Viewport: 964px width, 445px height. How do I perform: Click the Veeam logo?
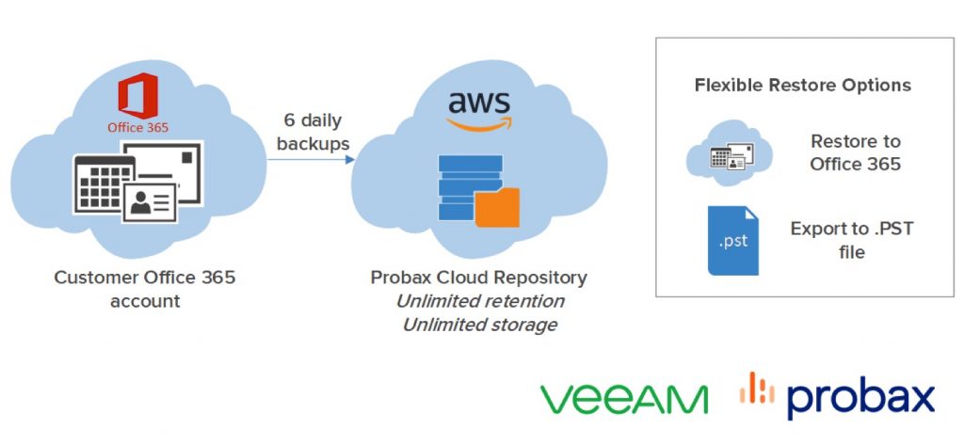624,398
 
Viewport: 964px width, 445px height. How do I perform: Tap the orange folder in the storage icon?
497,208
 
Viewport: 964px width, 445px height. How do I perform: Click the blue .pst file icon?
732,241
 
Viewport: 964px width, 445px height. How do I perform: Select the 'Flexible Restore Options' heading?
802,85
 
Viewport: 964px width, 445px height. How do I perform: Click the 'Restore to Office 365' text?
855,152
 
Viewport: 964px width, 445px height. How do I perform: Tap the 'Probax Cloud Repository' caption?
478,278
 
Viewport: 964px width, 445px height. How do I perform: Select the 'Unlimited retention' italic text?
479,301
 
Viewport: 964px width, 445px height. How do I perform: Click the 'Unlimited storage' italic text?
479,325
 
